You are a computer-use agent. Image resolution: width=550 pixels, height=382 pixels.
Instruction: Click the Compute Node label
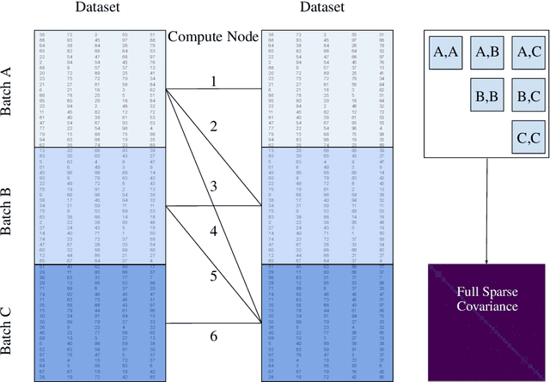pos(213,38)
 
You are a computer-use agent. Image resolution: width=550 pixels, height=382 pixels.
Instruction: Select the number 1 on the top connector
pos(213,81)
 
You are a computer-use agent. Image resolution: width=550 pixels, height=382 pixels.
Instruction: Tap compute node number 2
pos(213,126)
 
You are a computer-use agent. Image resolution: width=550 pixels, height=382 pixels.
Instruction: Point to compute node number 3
pos(213,186)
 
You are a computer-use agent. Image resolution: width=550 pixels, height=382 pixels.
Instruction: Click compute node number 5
pos(213,276)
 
